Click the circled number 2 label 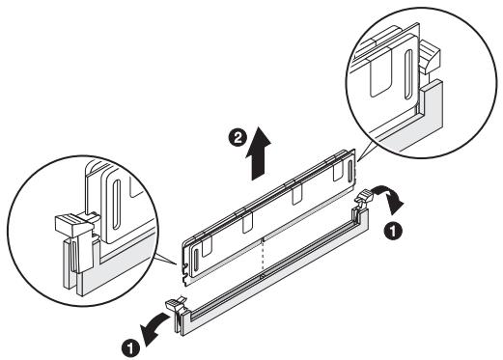[238, 138]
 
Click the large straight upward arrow [258, 153]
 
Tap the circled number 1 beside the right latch [393, 231]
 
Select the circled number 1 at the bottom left [130, 348]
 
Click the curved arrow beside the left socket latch [154, 326]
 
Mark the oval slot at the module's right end [350, 169]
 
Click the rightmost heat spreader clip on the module [337, 169]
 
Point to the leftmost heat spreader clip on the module [207, 246]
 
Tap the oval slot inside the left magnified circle [117, 205]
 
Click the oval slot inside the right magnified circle [408, 74]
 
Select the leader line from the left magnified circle [165, 260]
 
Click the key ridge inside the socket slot [263, 276]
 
